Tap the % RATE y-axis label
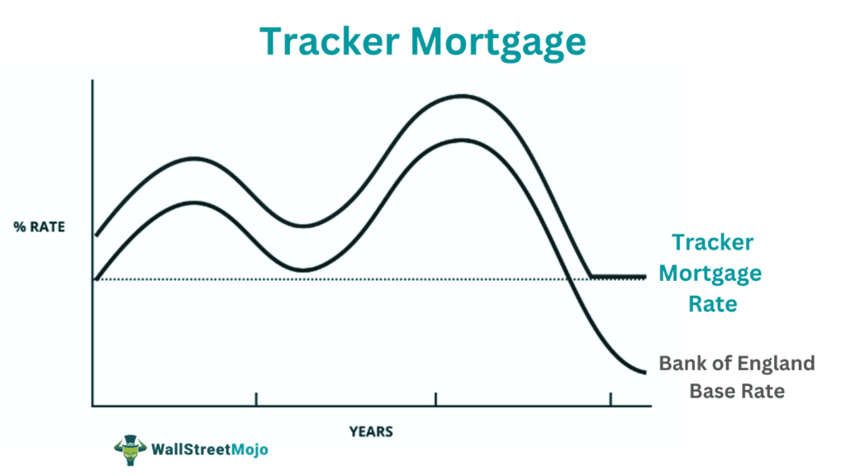coord(40,227)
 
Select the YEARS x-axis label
coord(371,431)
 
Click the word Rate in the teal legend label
coord(712,303)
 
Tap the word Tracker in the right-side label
coord(712,242)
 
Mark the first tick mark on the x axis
coord(256,400)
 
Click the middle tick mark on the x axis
coord(435,400)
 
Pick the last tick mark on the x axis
coord(611,400)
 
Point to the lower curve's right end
coord(643,372)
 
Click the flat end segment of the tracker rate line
coord(618,276)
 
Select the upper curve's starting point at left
coord(97,236)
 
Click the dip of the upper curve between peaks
coord(303,226)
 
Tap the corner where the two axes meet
coord(93,406)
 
